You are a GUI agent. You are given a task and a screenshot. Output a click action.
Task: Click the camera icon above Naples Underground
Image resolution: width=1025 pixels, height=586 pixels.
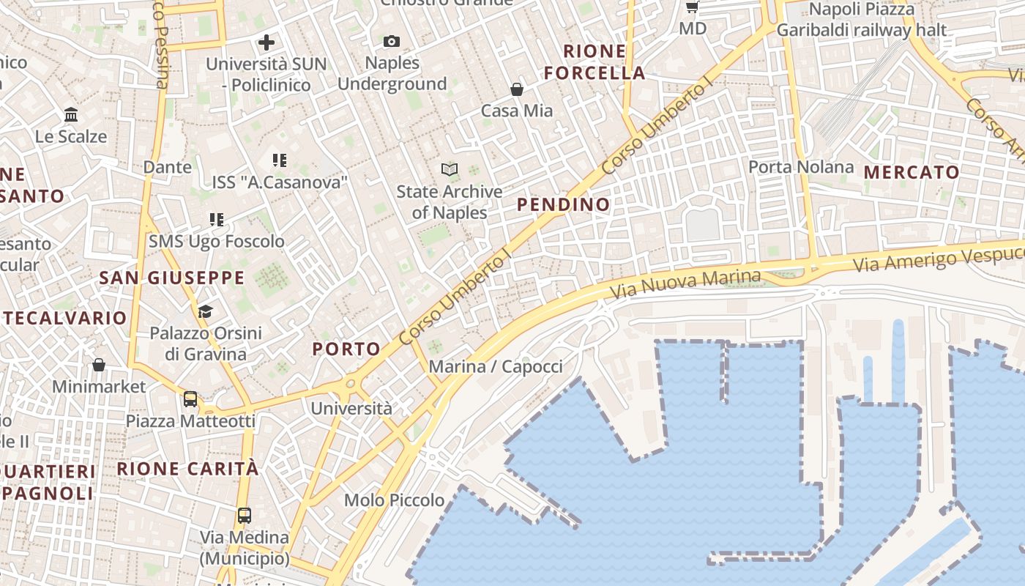(x=392, y=42)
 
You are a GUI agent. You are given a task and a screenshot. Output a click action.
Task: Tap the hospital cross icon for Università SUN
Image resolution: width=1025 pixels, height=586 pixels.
(x=266, y=42)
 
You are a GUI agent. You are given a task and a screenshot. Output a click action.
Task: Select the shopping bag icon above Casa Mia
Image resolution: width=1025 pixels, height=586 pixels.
(x=517, y=89)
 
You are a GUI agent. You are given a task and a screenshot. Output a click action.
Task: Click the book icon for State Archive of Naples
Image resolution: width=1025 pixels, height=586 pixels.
(x=450, y=170)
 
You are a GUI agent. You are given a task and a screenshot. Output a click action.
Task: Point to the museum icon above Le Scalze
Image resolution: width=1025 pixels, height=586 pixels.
(x=71, y=115)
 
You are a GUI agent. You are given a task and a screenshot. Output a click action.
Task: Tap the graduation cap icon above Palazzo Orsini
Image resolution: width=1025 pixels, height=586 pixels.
(x=205, y=312)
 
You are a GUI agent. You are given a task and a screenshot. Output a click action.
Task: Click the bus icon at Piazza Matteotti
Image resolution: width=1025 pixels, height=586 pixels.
(x=190, y=399)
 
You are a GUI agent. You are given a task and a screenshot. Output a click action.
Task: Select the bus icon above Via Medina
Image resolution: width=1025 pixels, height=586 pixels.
(x=245, y=515)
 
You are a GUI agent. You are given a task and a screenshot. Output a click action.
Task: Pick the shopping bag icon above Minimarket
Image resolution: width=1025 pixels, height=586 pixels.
(x=99, y=365)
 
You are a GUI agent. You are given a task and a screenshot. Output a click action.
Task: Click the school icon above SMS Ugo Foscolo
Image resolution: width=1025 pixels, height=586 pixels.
(x=217, y=219)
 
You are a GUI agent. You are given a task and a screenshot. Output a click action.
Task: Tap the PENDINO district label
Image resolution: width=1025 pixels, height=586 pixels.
(x=564, y=204)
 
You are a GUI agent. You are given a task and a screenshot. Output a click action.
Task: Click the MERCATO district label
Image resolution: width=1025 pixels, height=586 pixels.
(x=912, y=172)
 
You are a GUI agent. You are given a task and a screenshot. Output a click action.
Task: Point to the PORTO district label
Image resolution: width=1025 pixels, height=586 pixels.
(x=346, y=349)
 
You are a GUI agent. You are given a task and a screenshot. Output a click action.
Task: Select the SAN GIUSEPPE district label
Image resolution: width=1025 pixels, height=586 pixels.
(x=172, y=278)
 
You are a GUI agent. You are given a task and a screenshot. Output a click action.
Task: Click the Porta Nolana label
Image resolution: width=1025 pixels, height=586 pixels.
(x=801, y=167)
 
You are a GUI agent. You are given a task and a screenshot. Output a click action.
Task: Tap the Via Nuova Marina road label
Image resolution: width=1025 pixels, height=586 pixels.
(x=686, y=283)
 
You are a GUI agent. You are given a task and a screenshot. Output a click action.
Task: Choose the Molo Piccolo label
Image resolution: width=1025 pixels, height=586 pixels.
(x=394, y=500)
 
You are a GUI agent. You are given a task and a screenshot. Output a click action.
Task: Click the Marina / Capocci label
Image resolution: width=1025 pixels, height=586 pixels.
(x=496, y=366)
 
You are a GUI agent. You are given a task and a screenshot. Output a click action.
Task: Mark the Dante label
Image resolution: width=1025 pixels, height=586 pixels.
(x=168, y=167)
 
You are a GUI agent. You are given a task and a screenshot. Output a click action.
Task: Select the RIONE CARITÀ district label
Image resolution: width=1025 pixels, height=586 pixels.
(x=188, y=468)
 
